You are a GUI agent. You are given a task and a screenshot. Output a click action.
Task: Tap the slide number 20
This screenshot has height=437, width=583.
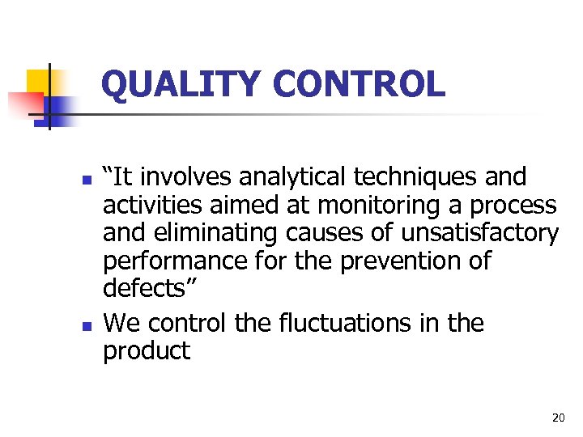coord(558,418)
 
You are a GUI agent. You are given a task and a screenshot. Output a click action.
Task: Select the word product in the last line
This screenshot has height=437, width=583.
coord(147,352)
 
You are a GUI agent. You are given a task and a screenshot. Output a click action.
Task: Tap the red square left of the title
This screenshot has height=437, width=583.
coord(24,105)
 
